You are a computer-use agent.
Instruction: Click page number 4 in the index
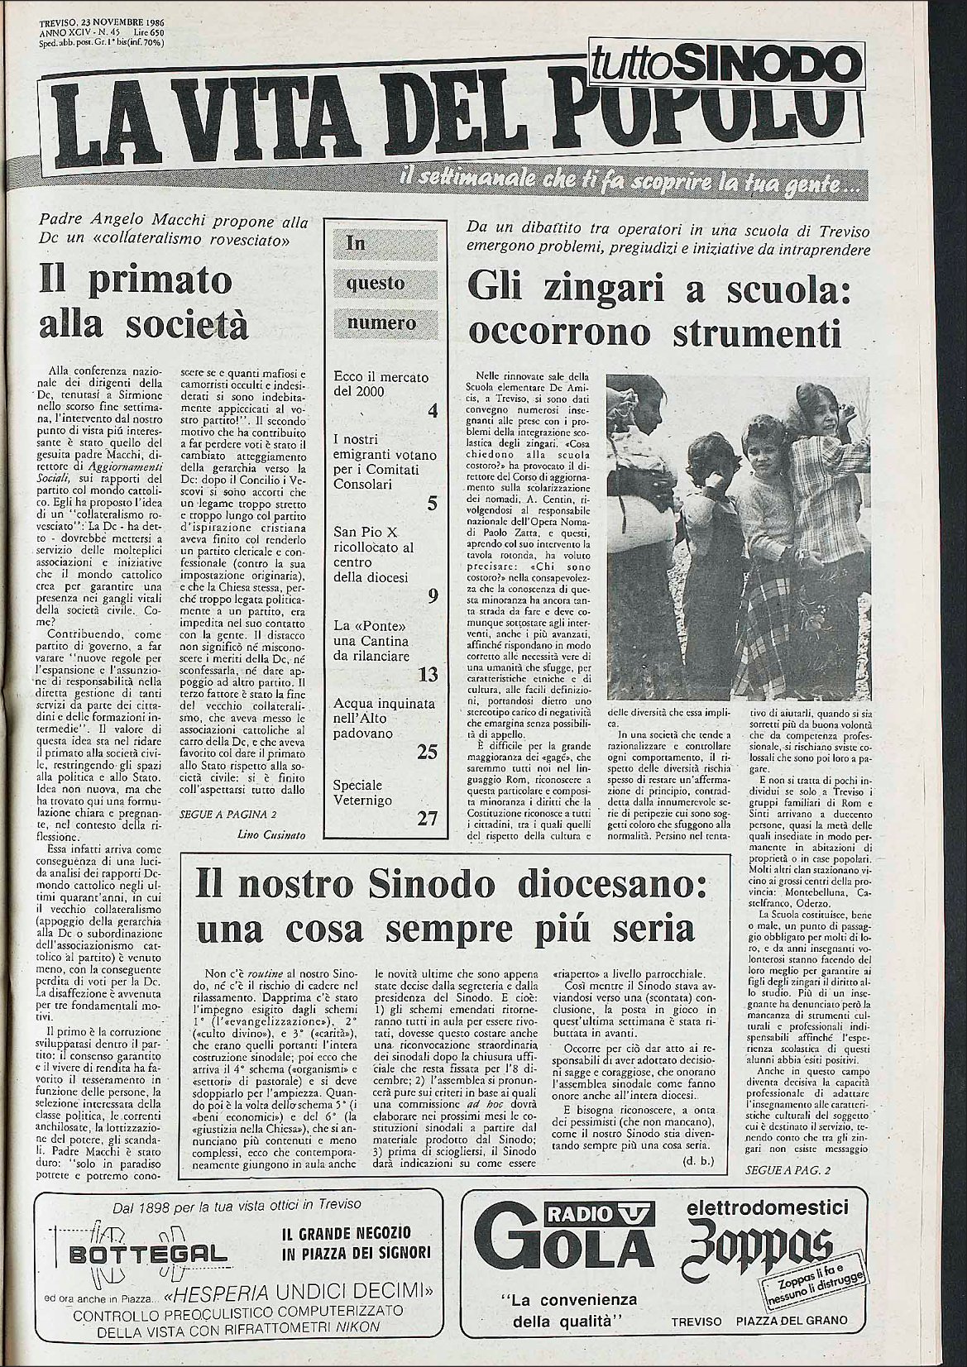[433, 409]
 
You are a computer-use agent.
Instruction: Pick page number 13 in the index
[428, 675]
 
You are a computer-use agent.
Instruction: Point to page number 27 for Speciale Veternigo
[428, 818]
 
